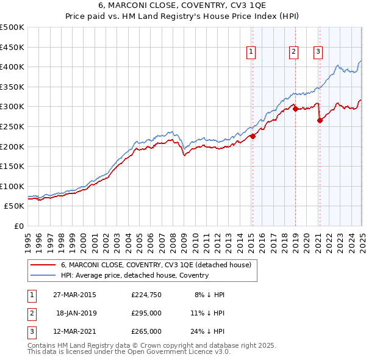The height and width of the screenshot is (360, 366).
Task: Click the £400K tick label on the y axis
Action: pos(12,67)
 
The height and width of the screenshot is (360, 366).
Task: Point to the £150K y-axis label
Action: pos(12,166)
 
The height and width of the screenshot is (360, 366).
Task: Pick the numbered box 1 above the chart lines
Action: pos(251,52)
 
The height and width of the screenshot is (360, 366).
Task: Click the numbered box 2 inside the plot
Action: pos(293,52)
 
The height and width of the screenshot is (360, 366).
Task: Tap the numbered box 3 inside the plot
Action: pos(318,52)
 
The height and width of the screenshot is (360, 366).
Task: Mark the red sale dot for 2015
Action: pos(253,136)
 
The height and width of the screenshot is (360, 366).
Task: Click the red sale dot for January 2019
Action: pos(295,109)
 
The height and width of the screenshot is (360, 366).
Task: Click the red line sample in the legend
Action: pos(43,265)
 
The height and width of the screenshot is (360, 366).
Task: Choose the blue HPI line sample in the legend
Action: pos(43,275)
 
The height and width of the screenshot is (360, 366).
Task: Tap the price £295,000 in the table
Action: pos(146,313)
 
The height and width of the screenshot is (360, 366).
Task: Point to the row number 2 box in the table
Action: pos(30,313)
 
